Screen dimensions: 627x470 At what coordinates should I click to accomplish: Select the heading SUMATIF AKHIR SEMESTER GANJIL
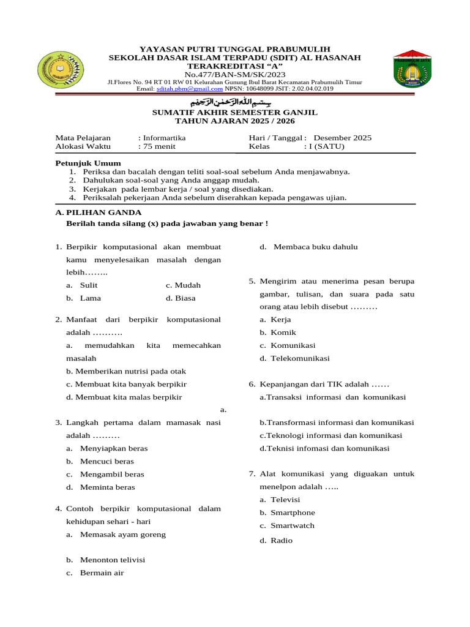click(234, 113)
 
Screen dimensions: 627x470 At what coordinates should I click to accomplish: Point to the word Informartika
click(164, 138)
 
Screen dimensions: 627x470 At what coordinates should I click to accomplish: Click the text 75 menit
click(160, 147)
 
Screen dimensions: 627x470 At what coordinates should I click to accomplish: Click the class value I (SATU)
click(324, 147)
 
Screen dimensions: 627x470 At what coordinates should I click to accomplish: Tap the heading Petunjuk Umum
click(88, 163)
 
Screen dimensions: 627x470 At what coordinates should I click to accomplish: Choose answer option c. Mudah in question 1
click(183, 285)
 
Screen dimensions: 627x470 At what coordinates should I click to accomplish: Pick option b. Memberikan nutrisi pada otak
click(126, 371)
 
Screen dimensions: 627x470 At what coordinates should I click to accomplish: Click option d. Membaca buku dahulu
click(308, 247)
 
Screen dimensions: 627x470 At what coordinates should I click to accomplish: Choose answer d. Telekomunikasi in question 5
click(294, 358)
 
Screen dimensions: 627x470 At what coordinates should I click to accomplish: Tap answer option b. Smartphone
click(287, 512)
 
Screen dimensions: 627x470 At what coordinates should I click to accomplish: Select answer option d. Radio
click(276, 541)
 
